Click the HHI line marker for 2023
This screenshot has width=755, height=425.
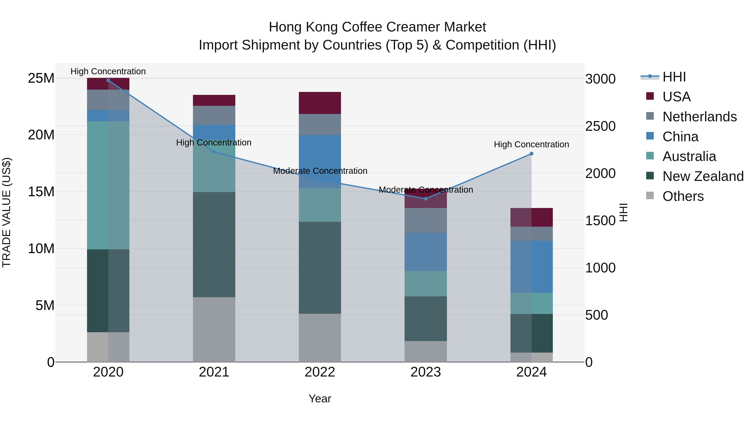(426, 199)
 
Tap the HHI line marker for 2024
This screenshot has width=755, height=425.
(531, 154)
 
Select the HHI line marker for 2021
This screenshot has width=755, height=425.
(214, 152)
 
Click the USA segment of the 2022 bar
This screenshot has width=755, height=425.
(320, 103)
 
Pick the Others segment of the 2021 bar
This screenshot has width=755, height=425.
(214, 329)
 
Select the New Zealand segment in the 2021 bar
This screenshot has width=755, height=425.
(214, 245)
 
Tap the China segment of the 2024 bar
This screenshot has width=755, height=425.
(531, 267)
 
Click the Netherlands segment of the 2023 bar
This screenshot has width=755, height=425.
(426, 220)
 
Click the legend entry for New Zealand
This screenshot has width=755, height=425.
(703, 176)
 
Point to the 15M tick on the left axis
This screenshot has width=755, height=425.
(41, 192)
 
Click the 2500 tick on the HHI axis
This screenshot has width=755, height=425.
(600, 126)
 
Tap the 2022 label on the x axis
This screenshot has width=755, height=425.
(320, 372)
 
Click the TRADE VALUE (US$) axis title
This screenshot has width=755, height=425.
(7, 212)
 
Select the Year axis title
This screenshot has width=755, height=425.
(320, 399)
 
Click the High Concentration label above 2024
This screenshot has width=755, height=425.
(531, 144)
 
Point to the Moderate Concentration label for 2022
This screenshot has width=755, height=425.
(320, 171)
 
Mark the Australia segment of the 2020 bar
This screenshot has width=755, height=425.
(108, 185)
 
